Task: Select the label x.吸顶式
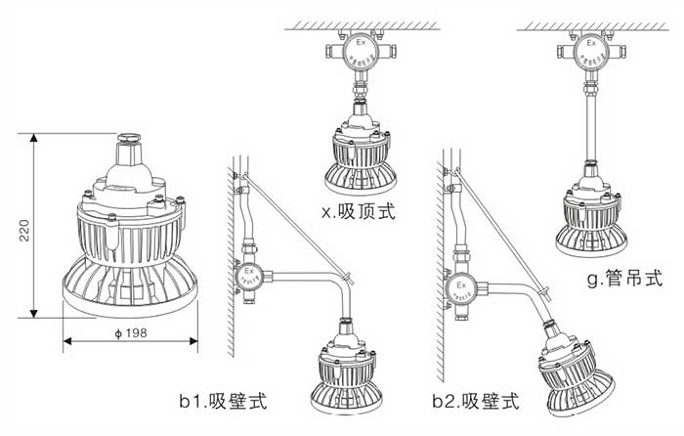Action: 358,212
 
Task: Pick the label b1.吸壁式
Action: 223,402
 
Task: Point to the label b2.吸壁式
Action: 476,402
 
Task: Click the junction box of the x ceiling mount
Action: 360,52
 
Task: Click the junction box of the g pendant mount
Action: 590,52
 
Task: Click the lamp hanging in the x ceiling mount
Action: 362,153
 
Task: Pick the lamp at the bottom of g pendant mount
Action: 590,217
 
